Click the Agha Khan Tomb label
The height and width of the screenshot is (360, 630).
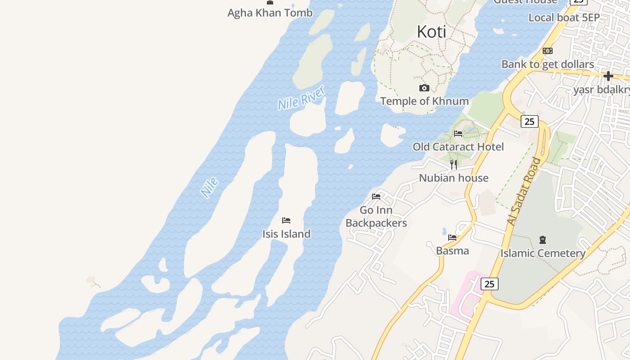point(270,13)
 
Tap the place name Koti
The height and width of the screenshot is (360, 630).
point(432,31)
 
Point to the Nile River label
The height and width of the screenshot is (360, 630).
point(301,98)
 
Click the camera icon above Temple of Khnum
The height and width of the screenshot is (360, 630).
point(424,88)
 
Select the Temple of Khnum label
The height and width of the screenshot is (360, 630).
point(424,101)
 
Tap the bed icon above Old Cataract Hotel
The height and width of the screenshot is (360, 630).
point(458,133)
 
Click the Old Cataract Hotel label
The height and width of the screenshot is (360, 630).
point(458,147)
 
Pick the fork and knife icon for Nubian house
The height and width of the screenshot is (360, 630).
point(454,164)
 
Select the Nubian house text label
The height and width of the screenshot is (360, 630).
point(454,178)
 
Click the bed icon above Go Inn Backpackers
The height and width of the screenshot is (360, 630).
point(376,196)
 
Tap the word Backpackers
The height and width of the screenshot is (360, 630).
point(376,223)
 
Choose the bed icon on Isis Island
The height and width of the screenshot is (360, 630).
point(286,220)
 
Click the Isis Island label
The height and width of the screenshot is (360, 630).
point(286,234)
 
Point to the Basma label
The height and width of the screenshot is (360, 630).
point(452,251)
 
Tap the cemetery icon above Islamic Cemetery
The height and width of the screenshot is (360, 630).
point(543,240)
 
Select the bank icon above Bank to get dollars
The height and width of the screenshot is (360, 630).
point(548,51)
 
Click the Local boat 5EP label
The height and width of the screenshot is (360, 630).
point(564,18)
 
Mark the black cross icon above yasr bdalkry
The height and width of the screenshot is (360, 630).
point(608,76)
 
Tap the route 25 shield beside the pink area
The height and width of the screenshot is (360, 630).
point(489,284)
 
